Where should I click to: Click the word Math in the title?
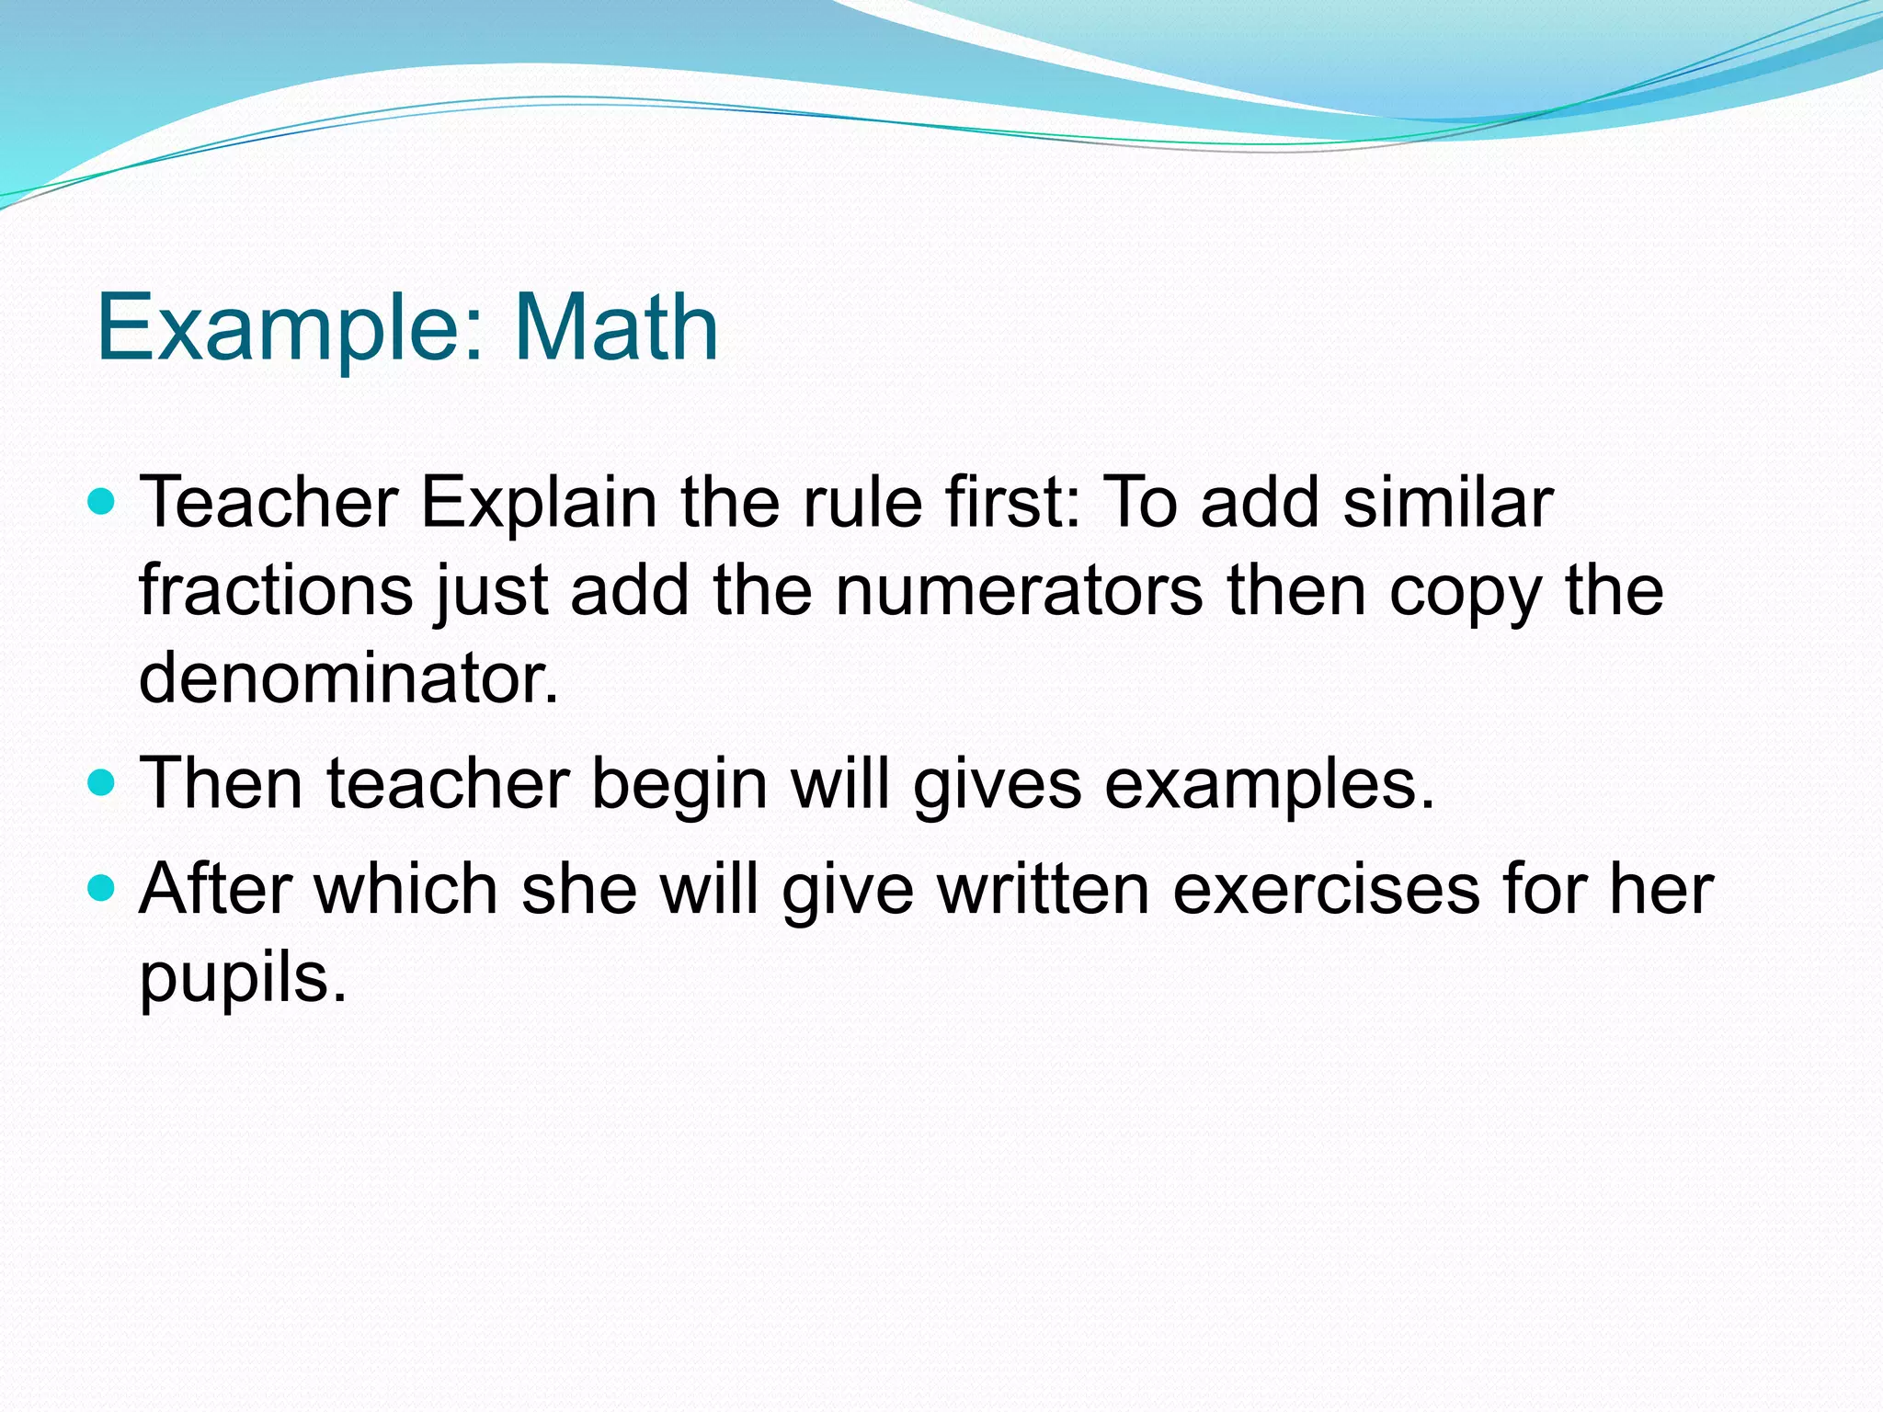[616, 328]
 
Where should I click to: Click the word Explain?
[539, 504]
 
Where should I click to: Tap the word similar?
[1448, 503]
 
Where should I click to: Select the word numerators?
[1019, 590]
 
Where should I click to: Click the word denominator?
[348, 678]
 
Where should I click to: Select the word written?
[1044, 889]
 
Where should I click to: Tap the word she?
[579, 889]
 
